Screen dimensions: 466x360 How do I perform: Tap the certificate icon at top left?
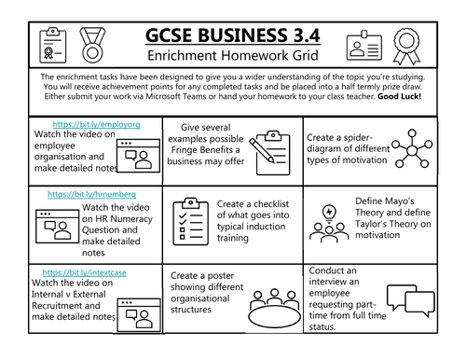[46, 43]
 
